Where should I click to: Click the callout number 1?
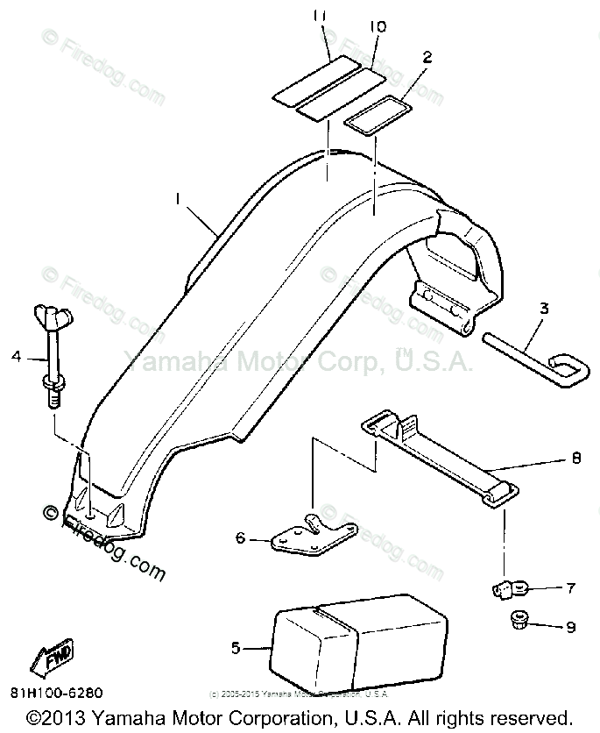(x=179, y=200)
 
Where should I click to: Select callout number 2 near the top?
(x=427, y=58)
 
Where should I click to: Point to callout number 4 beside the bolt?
(x=16, y=356)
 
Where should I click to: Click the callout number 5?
(x=236, y=648)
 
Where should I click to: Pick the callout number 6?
(x=240, y=538)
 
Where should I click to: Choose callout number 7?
(x=570, y=587)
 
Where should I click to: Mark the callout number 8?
(x=575, y=457)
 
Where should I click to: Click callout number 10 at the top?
(x=378, y=27)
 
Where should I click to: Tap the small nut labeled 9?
(x=516, y=623)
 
